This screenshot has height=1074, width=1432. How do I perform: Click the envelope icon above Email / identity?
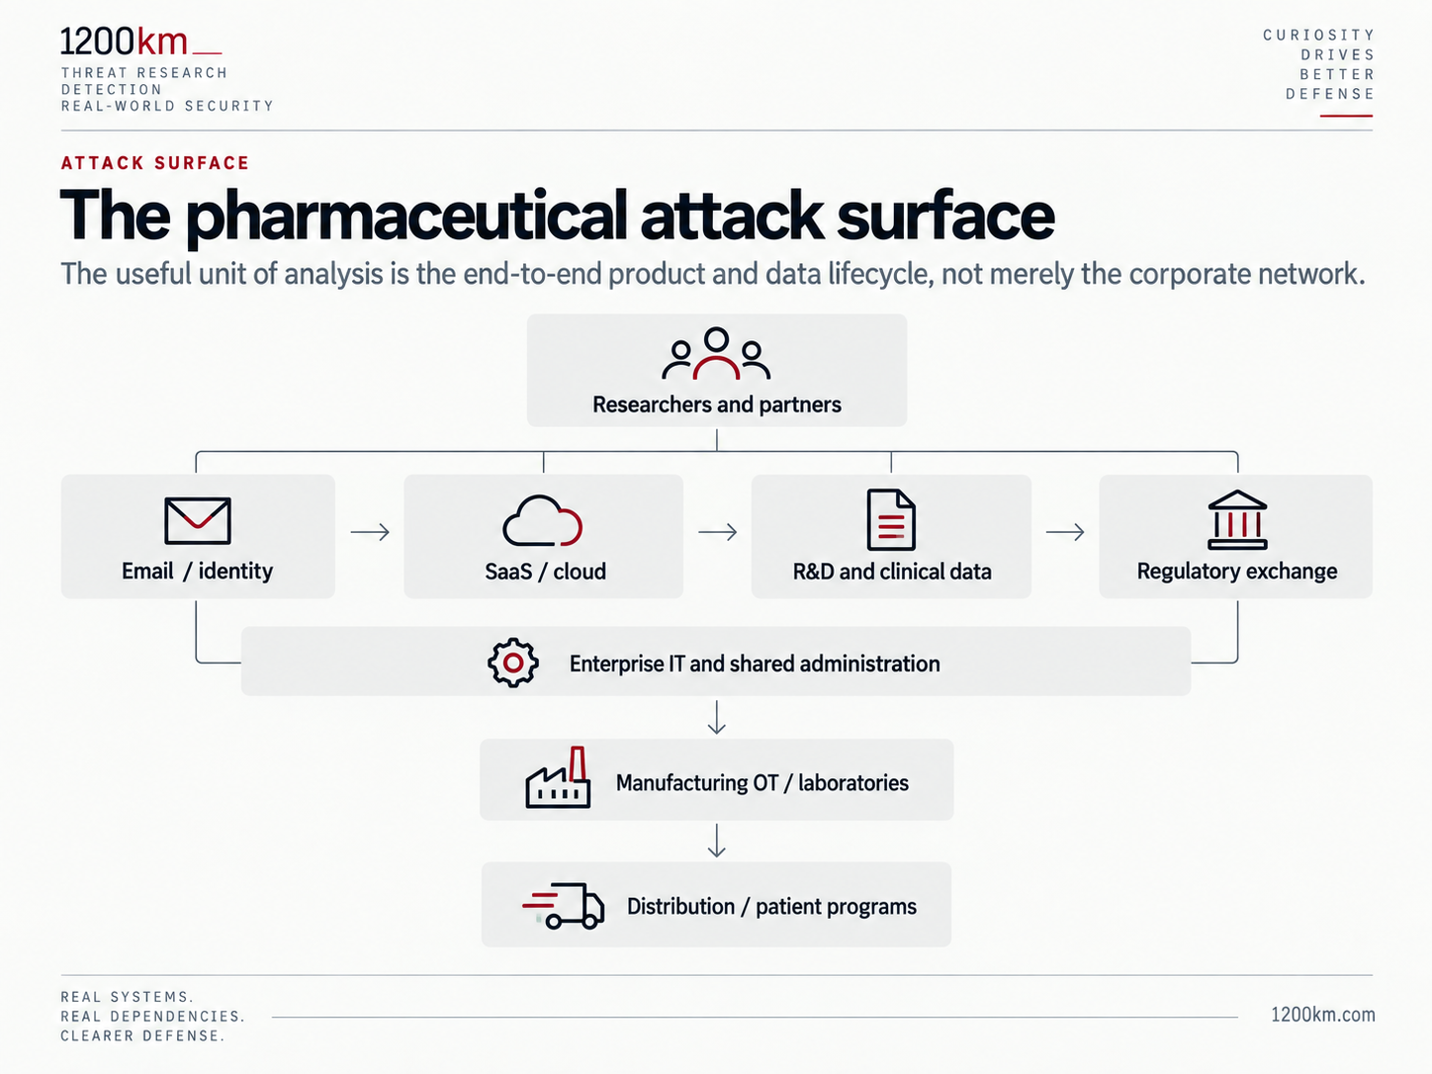pos(197,520)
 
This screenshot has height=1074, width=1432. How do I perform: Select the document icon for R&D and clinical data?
pos(890,520)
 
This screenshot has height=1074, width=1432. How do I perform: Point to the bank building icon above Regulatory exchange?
pos(1237,520)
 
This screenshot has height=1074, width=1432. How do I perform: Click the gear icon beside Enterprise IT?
pos(513,663)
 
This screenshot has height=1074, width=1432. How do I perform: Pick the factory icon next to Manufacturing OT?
pos(559,777)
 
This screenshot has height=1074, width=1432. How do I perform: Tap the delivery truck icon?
pos(563,906)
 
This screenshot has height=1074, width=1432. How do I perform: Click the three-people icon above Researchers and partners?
pos(716,353)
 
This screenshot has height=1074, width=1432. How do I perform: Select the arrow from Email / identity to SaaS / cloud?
pos(370,532)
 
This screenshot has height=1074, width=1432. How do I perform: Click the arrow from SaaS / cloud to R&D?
pos(718,532)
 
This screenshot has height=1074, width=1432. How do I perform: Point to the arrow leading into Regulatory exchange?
pos(1065,532)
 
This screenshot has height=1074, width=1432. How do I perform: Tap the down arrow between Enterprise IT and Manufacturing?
pos(716,717)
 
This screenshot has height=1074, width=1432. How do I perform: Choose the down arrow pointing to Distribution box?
pos(716,841)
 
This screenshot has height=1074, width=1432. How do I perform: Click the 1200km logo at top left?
pos(140,42)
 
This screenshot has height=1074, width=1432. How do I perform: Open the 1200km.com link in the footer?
pos(1322,1015)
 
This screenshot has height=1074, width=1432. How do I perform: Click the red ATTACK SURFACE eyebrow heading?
pos(154,163)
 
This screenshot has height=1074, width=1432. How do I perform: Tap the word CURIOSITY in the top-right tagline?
pos(1318,35)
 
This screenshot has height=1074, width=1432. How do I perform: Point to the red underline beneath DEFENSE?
pos(1346,116)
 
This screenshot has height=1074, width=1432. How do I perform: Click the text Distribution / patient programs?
pos(771,907)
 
